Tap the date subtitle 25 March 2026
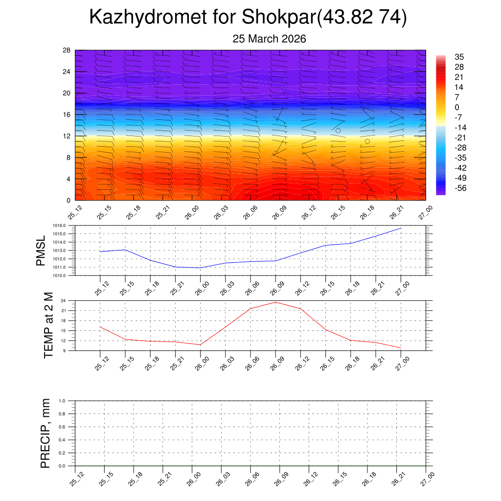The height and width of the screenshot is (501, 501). (x=269, y=39)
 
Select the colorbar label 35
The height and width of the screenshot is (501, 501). (x=459, y=57)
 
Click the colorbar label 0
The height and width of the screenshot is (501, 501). (x=457, y=107)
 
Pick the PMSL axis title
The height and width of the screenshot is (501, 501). (x=42, y=250)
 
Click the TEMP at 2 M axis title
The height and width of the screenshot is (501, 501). (x=48, y=325)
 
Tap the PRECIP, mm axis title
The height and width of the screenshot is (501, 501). (x=46, y=433)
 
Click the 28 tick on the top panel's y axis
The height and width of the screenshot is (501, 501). (x=67, y=50)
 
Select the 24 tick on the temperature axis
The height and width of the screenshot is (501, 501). (x=64, y=300)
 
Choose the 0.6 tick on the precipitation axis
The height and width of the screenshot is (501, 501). (x=62, y=427)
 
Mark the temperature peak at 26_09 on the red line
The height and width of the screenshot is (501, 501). (x=275, y=302)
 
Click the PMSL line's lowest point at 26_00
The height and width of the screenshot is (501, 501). (x=200, y=268)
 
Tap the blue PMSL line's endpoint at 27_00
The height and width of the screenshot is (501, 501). (x=401, y=228)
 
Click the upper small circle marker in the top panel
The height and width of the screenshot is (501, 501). (x=338, y=131)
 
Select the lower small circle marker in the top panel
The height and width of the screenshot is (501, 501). (x=367, y=141)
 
